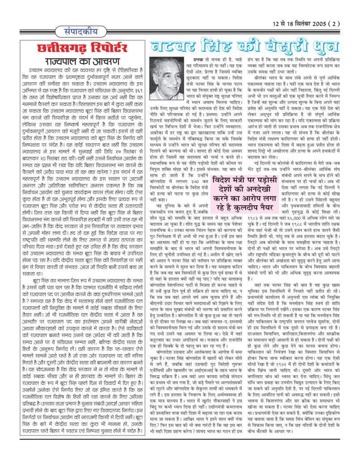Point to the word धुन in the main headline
tap(330, 46)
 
